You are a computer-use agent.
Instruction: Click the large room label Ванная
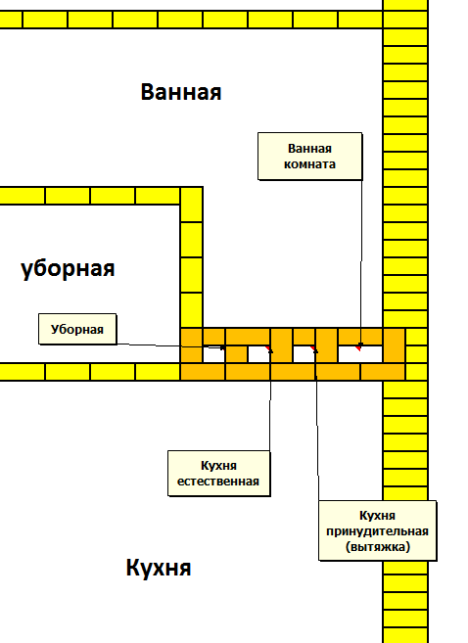coord(181,92)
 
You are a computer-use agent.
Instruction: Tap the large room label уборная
coord(68,268)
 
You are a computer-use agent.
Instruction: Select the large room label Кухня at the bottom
coord(159,568)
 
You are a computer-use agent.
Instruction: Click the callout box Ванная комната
coord(309,157)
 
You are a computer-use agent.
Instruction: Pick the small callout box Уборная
coord(77,329)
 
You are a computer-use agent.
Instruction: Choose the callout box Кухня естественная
coord(218,474)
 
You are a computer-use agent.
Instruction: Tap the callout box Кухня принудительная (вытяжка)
coord(377,530)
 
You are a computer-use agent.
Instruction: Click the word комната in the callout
coord(309,164)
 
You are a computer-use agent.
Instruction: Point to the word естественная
coord(218,481)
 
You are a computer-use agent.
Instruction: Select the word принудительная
coord(377,531)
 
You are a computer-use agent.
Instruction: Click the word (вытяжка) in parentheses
coord(378,547)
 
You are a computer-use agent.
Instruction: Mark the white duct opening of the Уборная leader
coord(213,354)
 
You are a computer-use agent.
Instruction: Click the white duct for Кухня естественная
coord(258,354)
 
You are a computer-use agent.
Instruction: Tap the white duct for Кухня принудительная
coord(304,354)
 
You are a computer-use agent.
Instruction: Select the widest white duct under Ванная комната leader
coord(360,354)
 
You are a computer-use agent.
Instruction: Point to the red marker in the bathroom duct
coord(358,348)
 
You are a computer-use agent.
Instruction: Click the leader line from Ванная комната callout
coord(361,262)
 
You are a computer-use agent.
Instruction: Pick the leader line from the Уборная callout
coord(170,345)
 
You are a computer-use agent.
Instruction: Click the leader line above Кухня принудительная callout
coord(317,426)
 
